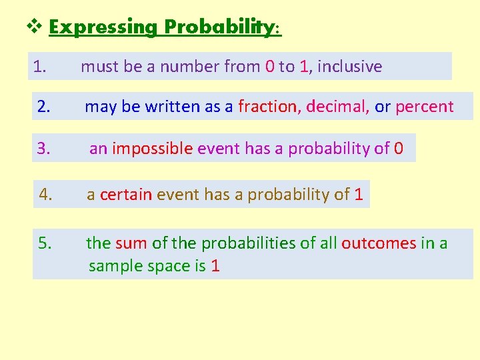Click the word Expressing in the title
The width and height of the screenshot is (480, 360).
[103, 27]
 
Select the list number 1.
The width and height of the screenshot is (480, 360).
[39, 67]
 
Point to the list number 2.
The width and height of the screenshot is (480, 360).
[43, 107]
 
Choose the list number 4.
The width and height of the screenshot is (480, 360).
[46, 195]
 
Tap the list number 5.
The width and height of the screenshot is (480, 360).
[45, 243]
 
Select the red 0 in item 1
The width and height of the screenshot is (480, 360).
[269, 67]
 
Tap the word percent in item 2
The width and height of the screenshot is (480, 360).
[425, 107]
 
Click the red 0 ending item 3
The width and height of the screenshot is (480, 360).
[399, 148]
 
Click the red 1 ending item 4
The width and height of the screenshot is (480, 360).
[359, 195]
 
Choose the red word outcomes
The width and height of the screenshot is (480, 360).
[379, 243]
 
